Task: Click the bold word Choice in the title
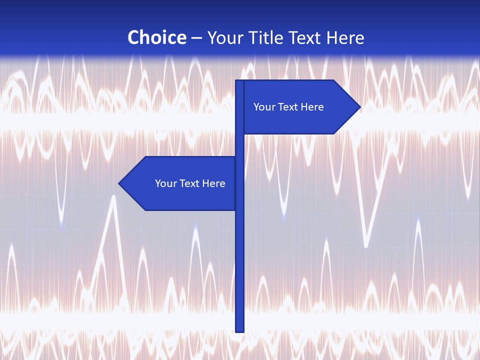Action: (156, 37)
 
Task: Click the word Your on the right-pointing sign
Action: (263, 107)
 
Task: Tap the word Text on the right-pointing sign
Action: (288, 107)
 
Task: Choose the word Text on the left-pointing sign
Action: (189, 183)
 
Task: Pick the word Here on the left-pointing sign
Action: (214, 183)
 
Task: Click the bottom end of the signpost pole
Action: (239, 330)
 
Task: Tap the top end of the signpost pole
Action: (239, 82)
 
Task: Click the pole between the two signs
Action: (239, 145)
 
